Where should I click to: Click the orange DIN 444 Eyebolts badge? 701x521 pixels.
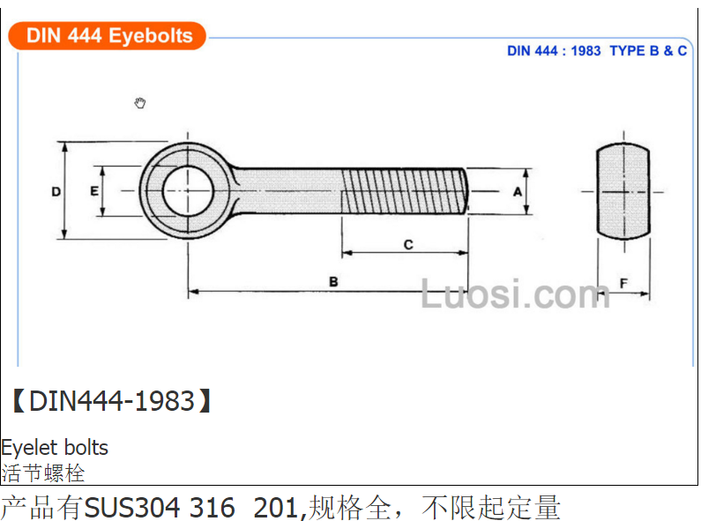tap(108, 36)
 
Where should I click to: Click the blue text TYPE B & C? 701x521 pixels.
tap(648, 51)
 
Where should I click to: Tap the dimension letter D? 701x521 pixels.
tap(56, 191)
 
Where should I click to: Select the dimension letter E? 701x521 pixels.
tap(93, 191)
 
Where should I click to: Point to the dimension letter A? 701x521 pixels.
tap(518, 192)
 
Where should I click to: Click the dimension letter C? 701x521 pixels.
tap(408, 245)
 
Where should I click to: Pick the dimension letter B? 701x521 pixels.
tap(333, 282)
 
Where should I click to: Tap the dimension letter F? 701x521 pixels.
tap(623, 283)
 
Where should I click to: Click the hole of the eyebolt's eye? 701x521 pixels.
tap(188, 190)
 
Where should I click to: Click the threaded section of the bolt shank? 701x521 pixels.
tap(405, 191)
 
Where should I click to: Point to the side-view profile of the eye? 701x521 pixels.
tap(623, 191)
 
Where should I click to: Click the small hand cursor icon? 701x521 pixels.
tap(140, 103)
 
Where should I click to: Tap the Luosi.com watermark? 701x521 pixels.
tap(516, 294)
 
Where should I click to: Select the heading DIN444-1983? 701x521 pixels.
tap(112, 401)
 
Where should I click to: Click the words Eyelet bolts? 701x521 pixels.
tap(55, 447)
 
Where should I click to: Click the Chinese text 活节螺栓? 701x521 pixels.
tap(43, 473)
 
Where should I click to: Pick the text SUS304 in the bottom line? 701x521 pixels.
tap(132, 508)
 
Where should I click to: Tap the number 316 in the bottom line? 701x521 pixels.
tap(213, 508)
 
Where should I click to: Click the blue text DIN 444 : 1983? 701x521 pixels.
tap(554, 51)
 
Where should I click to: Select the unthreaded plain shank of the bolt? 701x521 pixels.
tap(288, 191)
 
